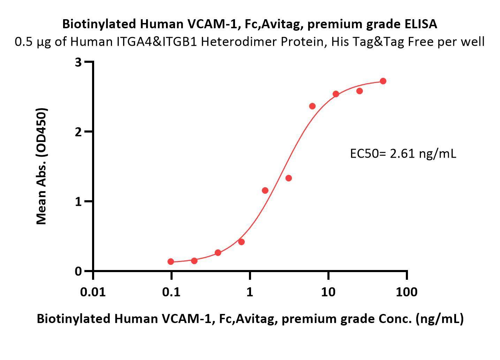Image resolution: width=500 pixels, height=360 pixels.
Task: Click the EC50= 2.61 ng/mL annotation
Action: (x=403, y=153)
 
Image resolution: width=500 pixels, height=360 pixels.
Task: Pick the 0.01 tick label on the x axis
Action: (x=93, y=291)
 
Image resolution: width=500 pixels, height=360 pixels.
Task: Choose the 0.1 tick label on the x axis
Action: (x=171, y=291)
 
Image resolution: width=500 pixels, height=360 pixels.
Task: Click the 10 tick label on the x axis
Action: (x=328, y=291)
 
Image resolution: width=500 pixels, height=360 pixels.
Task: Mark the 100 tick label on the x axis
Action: (x=407, y=291)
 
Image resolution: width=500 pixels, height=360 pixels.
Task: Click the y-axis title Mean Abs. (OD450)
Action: (x=41, y=166)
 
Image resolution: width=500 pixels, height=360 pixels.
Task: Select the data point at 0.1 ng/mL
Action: (x=171, y=262)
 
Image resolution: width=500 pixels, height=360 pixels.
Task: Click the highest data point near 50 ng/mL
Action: (x=383, y=81)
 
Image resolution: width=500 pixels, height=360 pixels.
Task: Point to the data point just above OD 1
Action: (x=265, y=190)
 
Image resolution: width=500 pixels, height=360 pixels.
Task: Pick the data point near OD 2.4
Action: (x=312, y=106)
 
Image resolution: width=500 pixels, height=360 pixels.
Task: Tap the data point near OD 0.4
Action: (x=241, y=242)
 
